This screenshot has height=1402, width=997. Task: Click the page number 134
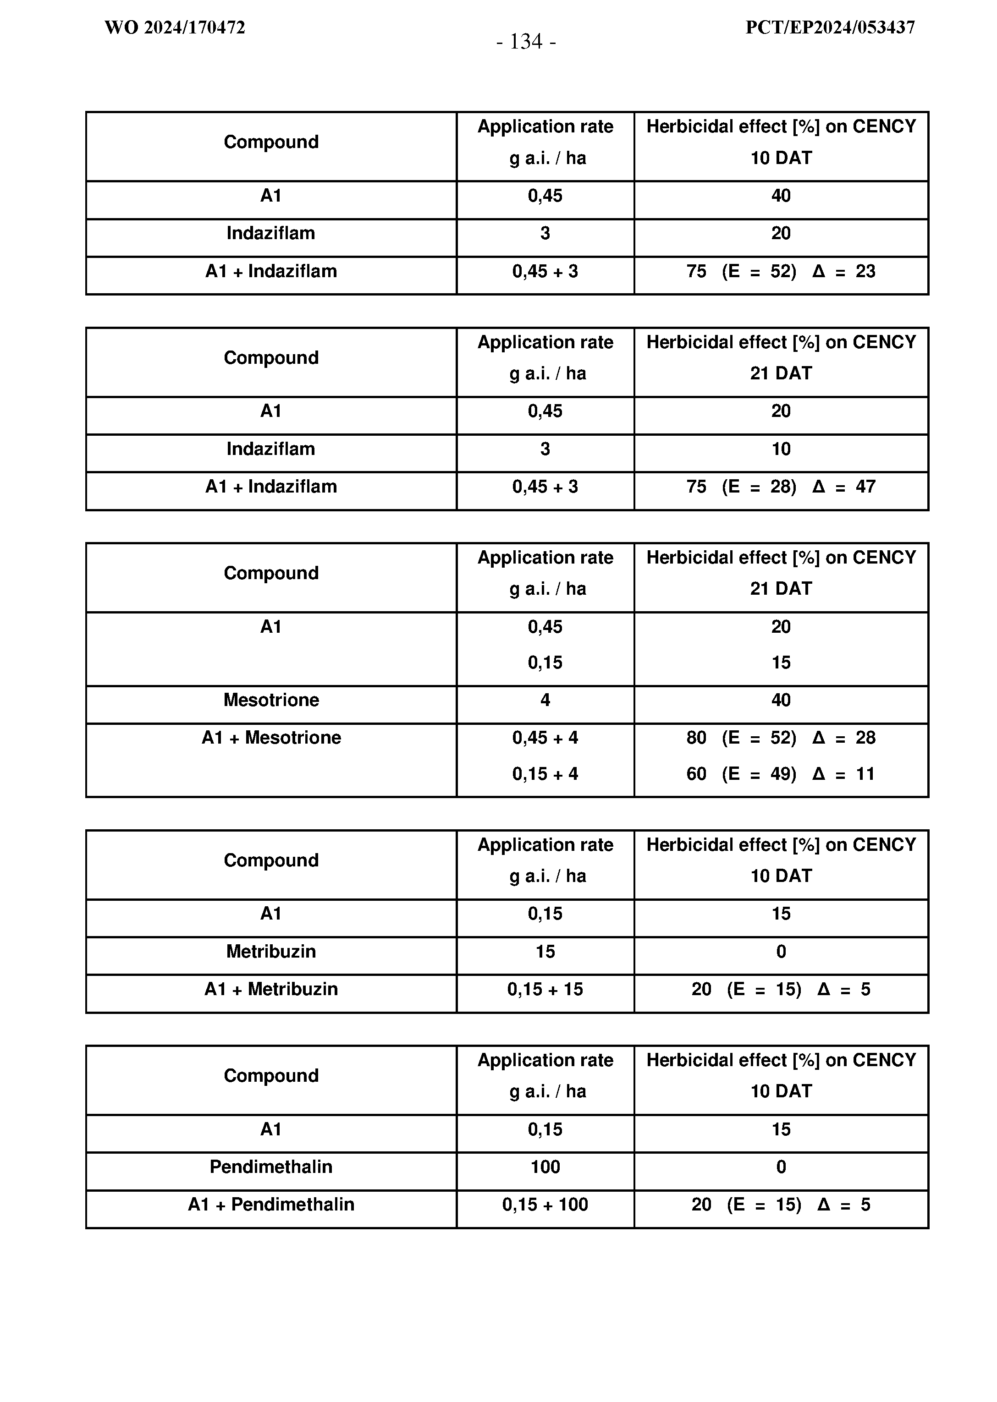point(526,42)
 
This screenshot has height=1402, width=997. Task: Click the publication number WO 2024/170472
point(175,27)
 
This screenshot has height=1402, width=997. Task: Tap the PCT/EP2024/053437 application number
point(830,27)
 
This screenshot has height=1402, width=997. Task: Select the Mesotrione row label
point(271,700)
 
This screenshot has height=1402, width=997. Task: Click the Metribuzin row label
point(271,952)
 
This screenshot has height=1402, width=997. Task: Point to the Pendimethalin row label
point(271,1167)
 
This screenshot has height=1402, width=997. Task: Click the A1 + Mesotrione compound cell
point(271,738)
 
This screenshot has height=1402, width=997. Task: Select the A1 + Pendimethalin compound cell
point(271,1205)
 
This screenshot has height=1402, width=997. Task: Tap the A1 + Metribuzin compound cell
point(271,989)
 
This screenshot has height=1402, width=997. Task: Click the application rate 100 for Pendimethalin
point(545,1167)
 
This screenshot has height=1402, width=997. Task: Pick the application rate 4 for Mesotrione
point(545,700)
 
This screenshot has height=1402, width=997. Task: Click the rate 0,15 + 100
point(545,1205)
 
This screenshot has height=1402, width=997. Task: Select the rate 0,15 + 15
point(545,989)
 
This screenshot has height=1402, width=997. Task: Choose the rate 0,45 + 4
point(545,738)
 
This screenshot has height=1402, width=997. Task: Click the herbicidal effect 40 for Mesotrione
point(781,700)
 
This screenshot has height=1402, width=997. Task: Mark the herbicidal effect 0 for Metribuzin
point(781,952)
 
